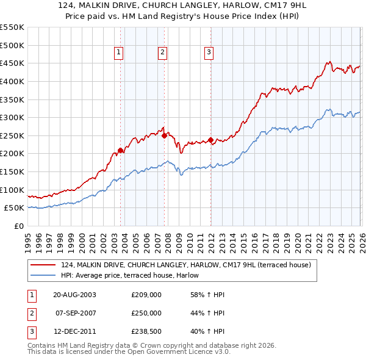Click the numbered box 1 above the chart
pyautogui.click(x=118, y=53)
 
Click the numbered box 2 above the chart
pyautogui.click(x=163, y=53)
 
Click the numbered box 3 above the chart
pyautogui.click(x=209, y=53)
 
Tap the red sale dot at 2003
pyautogui.click(x=120, y=150)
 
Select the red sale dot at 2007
pyautogui.click(x=164, y=135)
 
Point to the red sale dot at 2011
pyautogui.click(x=210, y=140)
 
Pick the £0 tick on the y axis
pyautogui.click(x=20, y=226)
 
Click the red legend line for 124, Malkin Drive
pyautogui.click(x=43, y=265)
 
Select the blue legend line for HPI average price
pyautogui.click(x=43, y=275)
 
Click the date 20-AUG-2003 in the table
pyautogui.click(x=75, y=295)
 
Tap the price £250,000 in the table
pyautogui.click(x=146, y=312)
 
